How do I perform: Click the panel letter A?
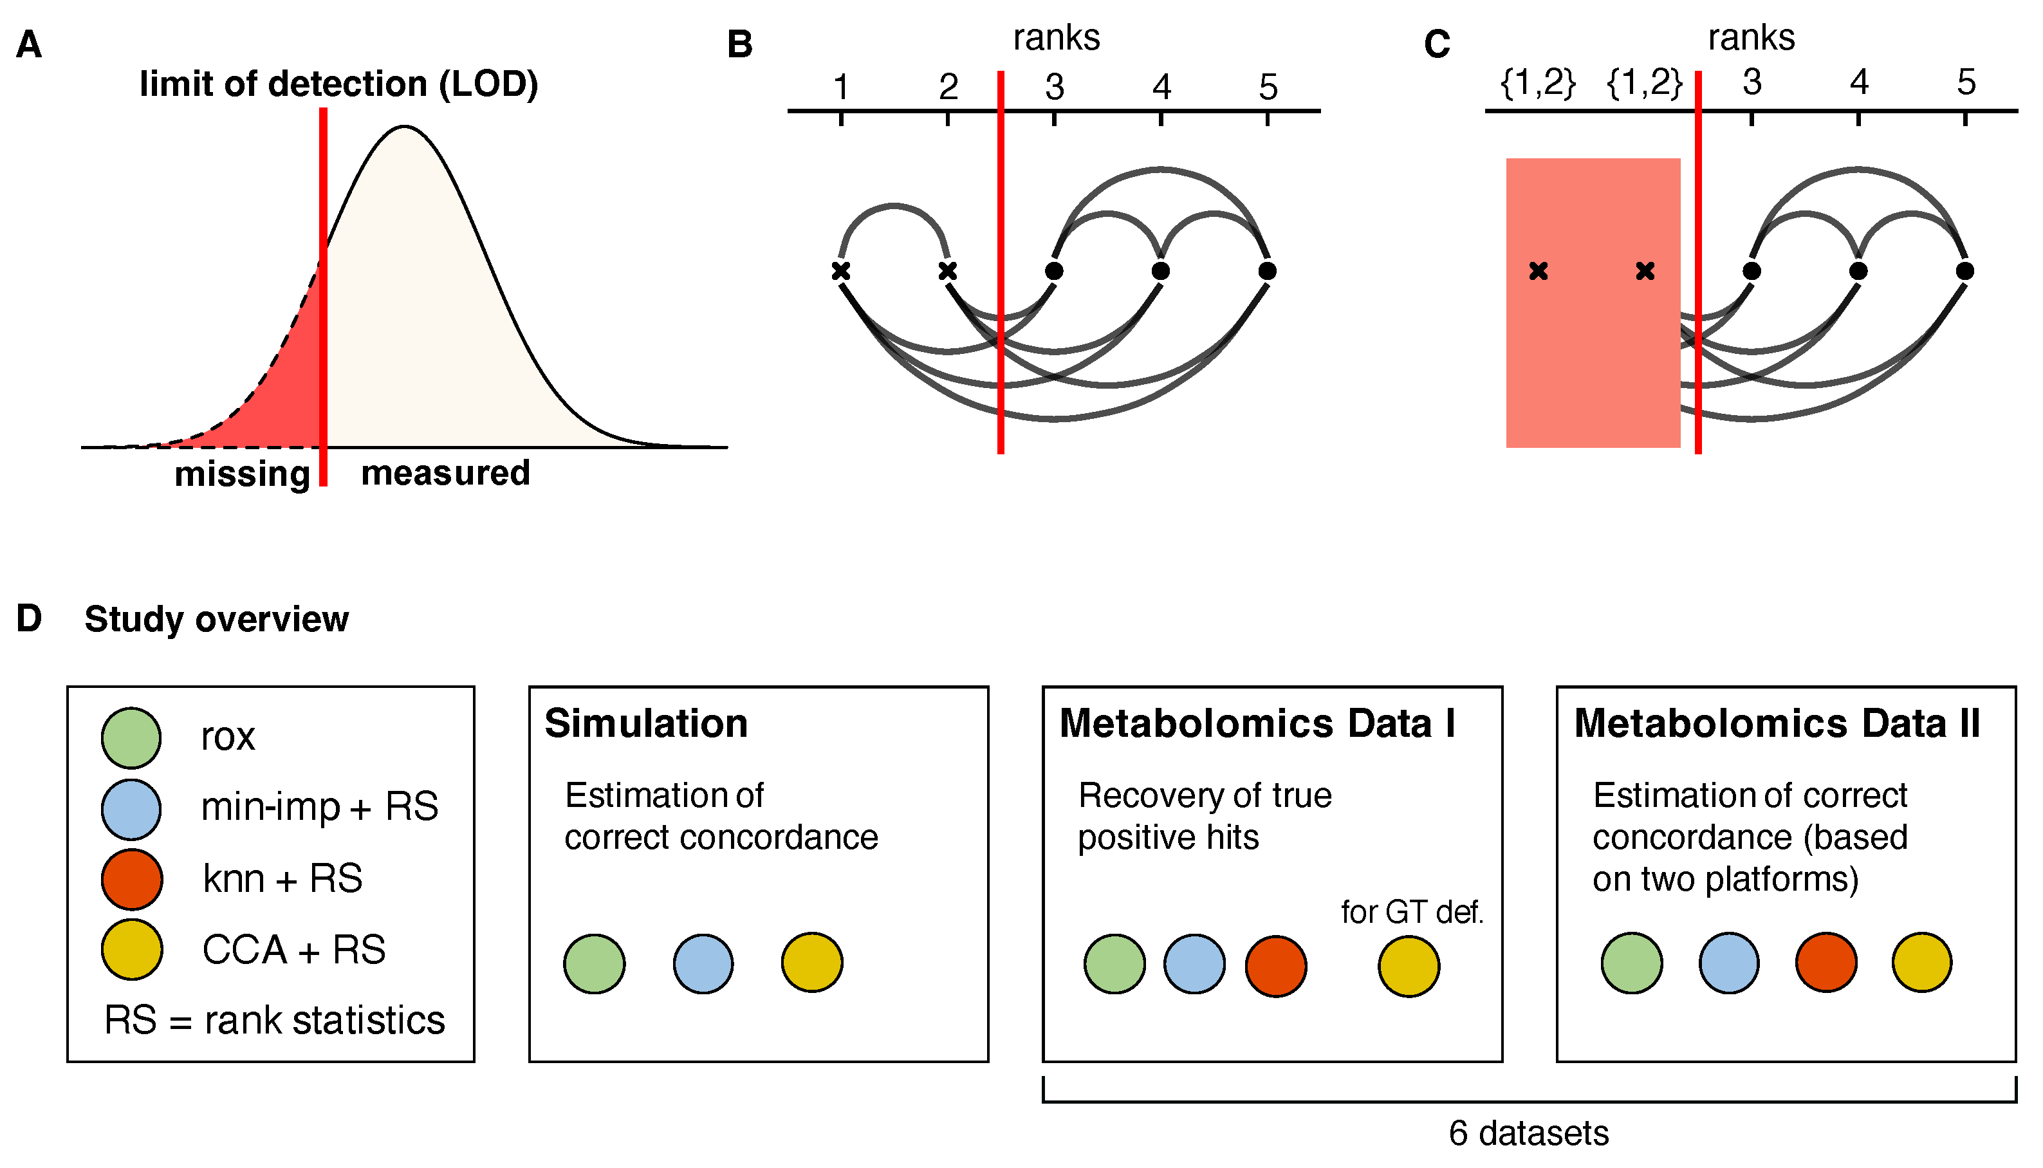(x=29, y=45)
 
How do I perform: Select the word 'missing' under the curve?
(x=242, y=474)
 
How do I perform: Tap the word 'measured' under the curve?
(x=445, y=473)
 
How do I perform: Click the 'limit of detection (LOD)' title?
(x=338, y=84)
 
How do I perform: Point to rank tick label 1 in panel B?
(x=840, y=88)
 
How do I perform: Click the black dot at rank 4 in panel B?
(x=1160, y=271)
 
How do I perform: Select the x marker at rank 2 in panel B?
(x=947, y=271)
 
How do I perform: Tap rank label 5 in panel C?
(x=1965, y=82)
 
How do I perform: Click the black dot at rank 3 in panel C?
(x=1752, y=271)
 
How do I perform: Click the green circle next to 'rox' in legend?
(x=131, y=738)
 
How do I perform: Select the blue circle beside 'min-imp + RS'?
(x=131, y=810)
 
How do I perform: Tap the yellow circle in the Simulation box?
(x=812, y=963)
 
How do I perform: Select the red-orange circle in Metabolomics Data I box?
(x=1275, y=966)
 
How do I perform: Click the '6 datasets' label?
(x=1529, y=1133)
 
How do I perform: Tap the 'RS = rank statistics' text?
(x=274, y=1021)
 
